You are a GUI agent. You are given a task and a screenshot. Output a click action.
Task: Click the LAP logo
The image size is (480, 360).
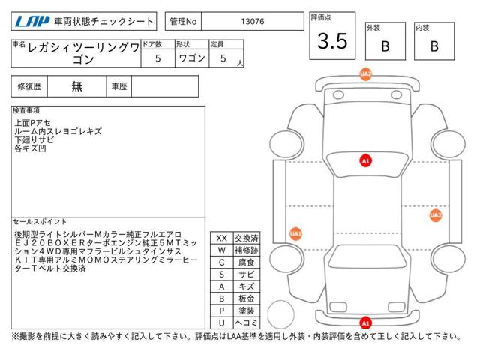click(x=32, y=22)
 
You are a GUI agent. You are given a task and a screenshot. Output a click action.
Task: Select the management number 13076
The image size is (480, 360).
click(x=253, y=22)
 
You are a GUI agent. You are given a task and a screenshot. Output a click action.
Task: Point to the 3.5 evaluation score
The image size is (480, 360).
click(x=332, y=41)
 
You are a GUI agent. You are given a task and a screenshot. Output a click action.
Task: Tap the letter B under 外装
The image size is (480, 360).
click(x=385, y=46)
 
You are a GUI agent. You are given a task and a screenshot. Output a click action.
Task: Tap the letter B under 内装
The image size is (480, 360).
click(x=434, y=46)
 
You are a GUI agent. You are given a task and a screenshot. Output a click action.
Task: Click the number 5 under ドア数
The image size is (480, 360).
click(x=158, y=58)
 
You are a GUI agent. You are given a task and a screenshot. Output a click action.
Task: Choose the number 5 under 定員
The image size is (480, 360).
click(x=223, y=58)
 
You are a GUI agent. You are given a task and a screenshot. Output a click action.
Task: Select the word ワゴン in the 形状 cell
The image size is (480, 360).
click(x=192, y=58)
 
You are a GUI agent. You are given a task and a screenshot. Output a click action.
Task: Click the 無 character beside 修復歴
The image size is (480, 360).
click(x=76, y=86)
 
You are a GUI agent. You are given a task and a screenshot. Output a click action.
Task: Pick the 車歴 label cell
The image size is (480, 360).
click(x=119, y=86)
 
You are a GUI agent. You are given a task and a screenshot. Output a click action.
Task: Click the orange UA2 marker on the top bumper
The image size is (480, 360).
click(x=366, y=74)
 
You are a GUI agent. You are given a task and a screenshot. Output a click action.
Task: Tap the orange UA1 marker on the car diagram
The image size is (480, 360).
click(x=295, y=234)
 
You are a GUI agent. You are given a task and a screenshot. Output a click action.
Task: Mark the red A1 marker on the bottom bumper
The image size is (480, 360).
click(x=366, y=322)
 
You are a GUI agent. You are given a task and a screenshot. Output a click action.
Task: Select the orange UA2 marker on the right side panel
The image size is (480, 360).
click(x=436, y=215)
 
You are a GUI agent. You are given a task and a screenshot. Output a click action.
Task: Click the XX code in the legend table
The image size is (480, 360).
click(x=222, y=238)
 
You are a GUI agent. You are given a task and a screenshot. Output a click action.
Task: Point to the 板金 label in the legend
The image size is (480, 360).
click(x=247, y=298)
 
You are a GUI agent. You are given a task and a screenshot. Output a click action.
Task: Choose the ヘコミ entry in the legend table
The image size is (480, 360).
click(x=247, y=322)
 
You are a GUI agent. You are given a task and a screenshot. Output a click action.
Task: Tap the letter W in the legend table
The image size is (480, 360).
click(x=222, y=250)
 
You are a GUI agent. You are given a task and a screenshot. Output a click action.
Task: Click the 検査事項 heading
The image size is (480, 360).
click(x=26, y=110)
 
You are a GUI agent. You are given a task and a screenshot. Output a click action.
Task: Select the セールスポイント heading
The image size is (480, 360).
click(x=40, y=221)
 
